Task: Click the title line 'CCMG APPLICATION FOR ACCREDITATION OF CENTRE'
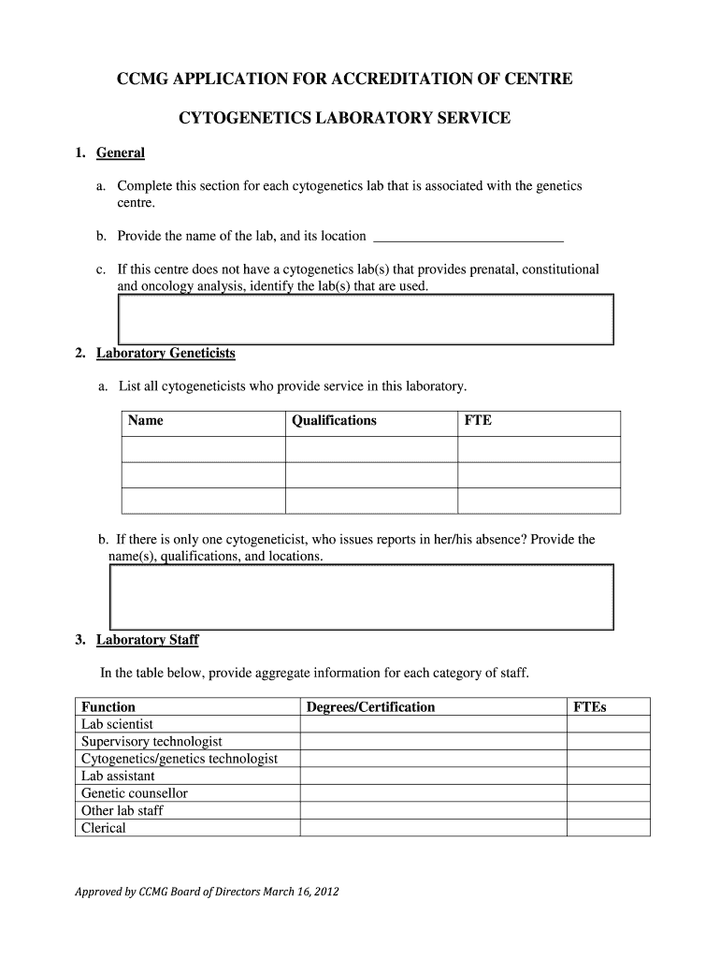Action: pyautogui.click(x=344, y=80)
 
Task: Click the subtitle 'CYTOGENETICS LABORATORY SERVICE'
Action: pyautogui.click(x=344, y=118)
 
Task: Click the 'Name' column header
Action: pyautogui.click(x=146, y=421)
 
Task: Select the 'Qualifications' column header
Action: pyautogui.click(x=334, y=421)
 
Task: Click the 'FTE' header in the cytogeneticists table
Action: pyautogui.click(x=478, y=421)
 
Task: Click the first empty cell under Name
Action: pyautogui.click(x=203, y=449)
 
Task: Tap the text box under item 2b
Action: pyautogui.click(x=362, y=596)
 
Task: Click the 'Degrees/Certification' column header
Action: pyautogui.click(x=370, y=707)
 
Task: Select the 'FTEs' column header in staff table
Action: pyautogui.click(x=589, y=707)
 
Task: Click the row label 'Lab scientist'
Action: pyautogui.click(x=118, y=724)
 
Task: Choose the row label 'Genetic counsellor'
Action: pyautogui.click(x=135, y=793)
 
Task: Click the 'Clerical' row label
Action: pyautogui.click(x=103, y=828)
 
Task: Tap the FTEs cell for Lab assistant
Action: pyautogui.click(x=608, y=777)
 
